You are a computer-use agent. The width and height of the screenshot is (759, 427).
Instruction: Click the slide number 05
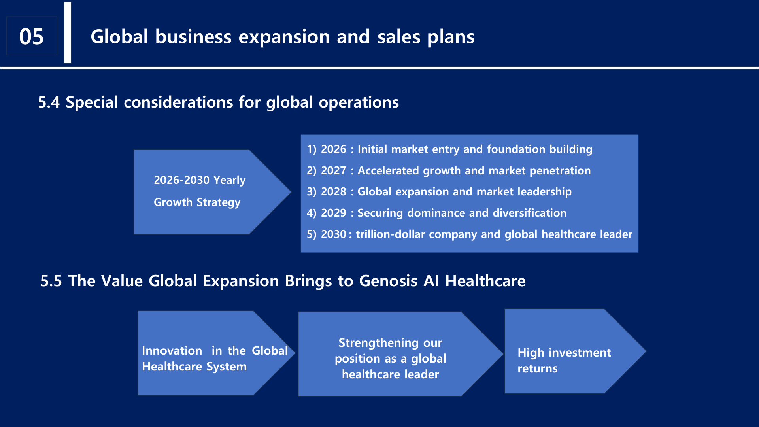31,37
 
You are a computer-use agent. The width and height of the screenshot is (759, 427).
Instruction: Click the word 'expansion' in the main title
284,37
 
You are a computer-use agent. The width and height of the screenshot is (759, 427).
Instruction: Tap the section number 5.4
49,102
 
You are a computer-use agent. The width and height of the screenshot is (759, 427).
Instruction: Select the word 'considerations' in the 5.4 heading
178,102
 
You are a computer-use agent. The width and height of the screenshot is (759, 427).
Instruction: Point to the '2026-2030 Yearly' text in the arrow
200,180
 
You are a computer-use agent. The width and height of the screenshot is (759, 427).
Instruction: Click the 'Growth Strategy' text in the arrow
197,202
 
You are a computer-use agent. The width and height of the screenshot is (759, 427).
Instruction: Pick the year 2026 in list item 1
333,149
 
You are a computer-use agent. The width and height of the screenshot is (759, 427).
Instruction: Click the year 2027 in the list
333,171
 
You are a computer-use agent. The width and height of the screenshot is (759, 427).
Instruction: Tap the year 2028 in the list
333,192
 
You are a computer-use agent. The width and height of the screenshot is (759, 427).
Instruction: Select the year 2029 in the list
333,213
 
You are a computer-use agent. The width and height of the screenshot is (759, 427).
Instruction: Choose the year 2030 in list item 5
333,234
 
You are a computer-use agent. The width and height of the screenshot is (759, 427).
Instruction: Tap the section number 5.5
51,281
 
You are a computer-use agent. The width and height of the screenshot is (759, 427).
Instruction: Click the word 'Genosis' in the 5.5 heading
388,281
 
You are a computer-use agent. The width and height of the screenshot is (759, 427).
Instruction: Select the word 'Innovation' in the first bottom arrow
172,351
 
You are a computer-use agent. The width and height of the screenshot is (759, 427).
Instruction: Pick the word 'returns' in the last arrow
537,368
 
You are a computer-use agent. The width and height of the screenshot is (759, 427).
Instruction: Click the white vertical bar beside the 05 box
68,33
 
